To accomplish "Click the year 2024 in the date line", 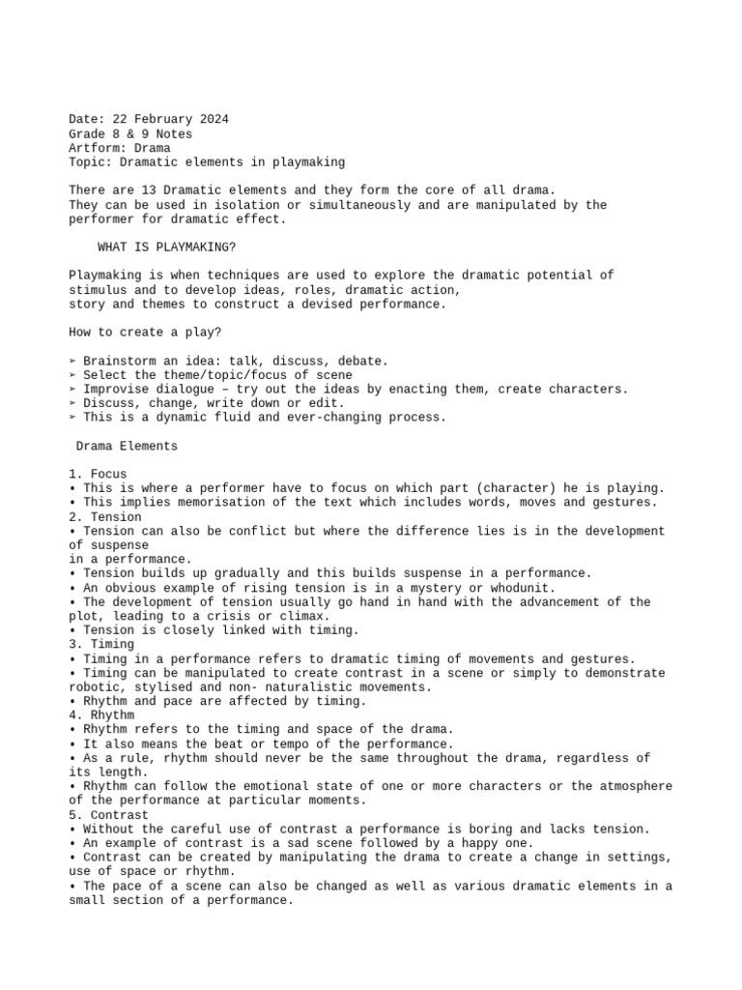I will (x=212, y=120).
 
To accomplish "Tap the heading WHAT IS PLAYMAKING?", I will (x=166, y=247).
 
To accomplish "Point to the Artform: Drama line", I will (x=120, y=148).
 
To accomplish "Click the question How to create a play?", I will (x=145, y=333).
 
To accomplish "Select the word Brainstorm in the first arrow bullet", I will (x=119, y=361).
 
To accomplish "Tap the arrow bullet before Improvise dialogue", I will (x=73, y=389).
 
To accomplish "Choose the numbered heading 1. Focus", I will (x=98, y=474).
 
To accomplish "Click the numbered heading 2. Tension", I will (x=105, y=516).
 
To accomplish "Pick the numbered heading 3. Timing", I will (x=101, y=644).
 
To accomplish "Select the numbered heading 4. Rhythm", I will (x=101, y=714).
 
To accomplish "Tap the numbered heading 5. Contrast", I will (x=109, y=814).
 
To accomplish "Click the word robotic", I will (x=95, y=686).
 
